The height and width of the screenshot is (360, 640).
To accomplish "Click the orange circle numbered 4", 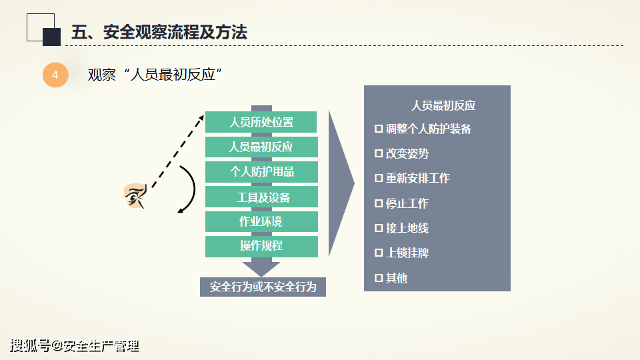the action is point(55,75).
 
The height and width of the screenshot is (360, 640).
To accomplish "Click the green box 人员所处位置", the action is point(261,122).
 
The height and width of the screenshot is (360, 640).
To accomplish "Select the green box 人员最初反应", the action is point(261,147).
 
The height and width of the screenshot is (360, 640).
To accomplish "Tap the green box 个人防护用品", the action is point(261,172).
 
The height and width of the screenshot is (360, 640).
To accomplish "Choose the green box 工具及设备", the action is point(261,197).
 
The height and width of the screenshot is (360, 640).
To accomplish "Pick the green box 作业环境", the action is point(261,221).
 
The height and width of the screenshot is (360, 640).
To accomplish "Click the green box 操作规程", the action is point(261,247).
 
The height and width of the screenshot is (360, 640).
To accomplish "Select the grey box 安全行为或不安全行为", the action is point(263,287).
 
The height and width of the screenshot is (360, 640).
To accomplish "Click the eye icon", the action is point(135,196).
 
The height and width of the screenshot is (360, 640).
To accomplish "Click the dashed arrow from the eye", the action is point(178,151).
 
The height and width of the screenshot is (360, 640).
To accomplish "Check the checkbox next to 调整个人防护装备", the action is point(379,129).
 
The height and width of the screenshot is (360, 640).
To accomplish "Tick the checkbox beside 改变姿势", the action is point(379,153).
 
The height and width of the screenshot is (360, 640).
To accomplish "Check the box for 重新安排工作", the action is point(379,178).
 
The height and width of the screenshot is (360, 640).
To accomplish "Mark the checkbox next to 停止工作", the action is point(379,203).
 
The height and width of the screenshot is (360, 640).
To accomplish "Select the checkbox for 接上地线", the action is point(379,228).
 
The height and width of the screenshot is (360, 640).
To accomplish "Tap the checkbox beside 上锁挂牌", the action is point(379,253).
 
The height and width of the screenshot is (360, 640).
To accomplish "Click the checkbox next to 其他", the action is point(379,278).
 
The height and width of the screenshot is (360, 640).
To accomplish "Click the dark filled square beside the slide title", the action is point(52,37).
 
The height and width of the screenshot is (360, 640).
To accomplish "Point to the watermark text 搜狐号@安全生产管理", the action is point(74,346).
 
